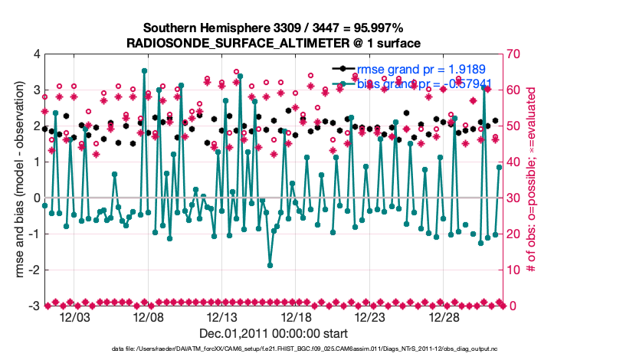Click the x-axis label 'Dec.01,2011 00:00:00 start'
pos(274,333)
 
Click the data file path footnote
pos(274,349)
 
